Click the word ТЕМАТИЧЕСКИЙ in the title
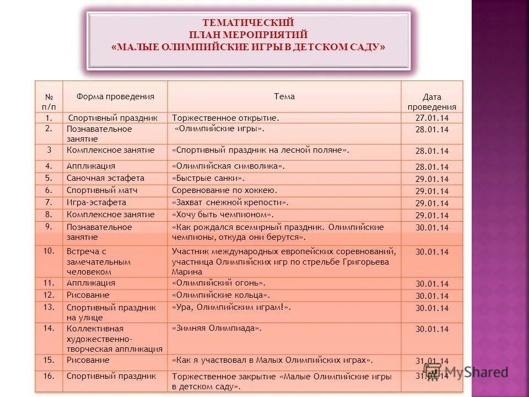click(x=248, y=23)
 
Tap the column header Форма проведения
click(x=115, y=96)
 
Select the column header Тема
click(x=284, y=96)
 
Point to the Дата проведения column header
click(x=431, y=102)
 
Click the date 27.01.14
click(x=431, y=117)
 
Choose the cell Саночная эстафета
click(x=105, y=178)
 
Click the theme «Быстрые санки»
click(x=208, y=178)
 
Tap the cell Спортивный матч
click(x=102, y=190)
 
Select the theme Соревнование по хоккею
click(x=224, y=190)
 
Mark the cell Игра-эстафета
click(x=96, y=202)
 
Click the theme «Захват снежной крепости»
click(x=230, y=202)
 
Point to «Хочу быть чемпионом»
click(x=223, y=214)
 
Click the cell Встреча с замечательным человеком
click(x=99, y=261)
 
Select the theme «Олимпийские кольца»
click(x=221, y=295)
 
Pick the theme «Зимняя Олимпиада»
click(x=217, y=328)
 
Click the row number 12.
click(x=48, y=295)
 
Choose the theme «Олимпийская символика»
click(x=228, y=166)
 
